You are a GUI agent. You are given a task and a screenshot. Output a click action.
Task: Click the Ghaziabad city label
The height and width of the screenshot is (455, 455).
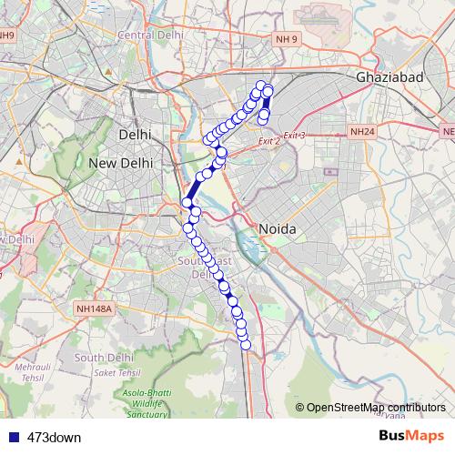(x=391, y=78)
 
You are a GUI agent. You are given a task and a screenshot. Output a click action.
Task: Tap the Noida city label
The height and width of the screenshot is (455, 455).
(x=278, y=228)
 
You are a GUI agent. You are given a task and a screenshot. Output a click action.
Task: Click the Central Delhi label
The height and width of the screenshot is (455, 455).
(x=146, y=35)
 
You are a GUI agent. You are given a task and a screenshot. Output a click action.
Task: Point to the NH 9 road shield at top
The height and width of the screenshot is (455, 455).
(x=287, y=40)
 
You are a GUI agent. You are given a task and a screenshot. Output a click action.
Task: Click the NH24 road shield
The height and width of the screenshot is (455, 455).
(x=361, y=132)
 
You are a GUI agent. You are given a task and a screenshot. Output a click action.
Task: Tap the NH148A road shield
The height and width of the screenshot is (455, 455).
(x=94, y=309)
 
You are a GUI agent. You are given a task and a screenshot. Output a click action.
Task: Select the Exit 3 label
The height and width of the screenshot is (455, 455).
(x=294, y=136)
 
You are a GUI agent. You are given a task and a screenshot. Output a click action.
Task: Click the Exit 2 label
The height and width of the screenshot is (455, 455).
(x=268, y=141)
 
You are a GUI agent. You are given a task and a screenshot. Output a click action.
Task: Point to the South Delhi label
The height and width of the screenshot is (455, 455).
(x=105, y=358)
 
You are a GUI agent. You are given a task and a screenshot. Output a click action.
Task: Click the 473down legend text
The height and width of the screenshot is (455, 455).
(x=53, y=437)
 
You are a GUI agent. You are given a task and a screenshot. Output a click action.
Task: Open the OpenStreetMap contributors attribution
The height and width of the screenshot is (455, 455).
(x=375, y=408)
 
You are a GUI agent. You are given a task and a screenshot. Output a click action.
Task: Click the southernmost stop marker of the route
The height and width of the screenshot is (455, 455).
(x=244, y=342)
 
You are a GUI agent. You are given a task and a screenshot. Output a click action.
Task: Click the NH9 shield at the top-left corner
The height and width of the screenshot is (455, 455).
(x=7, y=35)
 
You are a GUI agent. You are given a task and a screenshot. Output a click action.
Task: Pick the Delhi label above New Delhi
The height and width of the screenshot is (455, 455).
(x=135, y=135)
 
